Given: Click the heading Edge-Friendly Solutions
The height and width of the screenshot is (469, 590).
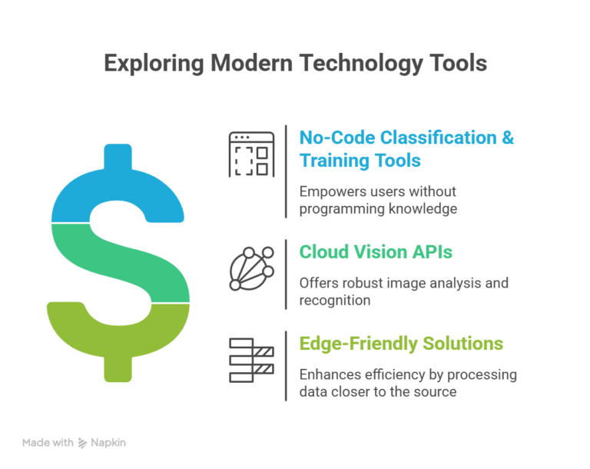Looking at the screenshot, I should pyautogui.click(x=401, y=343).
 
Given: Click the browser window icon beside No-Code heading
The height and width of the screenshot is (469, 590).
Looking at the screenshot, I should pyautogui.click(x=251, y=154).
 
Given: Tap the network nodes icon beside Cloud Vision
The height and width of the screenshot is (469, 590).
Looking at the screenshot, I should pyautogui.click(x=251, y=268).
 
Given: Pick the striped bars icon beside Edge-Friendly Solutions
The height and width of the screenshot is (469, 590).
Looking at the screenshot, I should pyautogui.click(x=251, y=360).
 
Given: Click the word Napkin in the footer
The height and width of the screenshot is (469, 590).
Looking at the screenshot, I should pyautogui.click(x=109, y=443).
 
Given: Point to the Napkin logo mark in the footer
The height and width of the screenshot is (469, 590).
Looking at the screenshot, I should pyautogui.click(x=83, y=443).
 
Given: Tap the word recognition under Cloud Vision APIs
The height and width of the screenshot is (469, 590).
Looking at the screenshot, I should pyautogui.click(x=335, y=300).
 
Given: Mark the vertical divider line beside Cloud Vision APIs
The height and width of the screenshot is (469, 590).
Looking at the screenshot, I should pyautogui.click(x=287, y=274).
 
